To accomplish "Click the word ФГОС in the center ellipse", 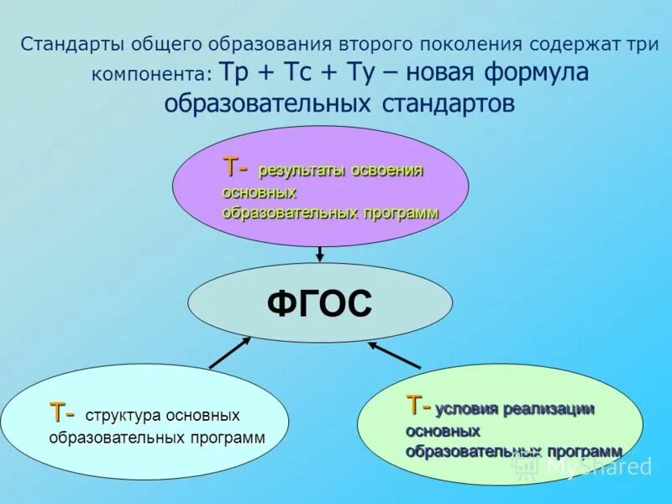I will point(319,303).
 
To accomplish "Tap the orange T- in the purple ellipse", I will point(235,168).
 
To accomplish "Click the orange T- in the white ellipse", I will point(62,413).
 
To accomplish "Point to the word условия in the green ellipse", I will point(467,409).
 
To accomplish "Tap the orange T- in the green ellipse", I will point(419,407).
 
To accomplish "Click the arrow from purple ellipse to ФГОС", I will point(320,254).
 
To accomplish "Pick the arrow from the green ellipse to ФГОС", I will point(395,355).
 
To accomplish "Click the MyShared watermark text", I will point(598,467).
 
